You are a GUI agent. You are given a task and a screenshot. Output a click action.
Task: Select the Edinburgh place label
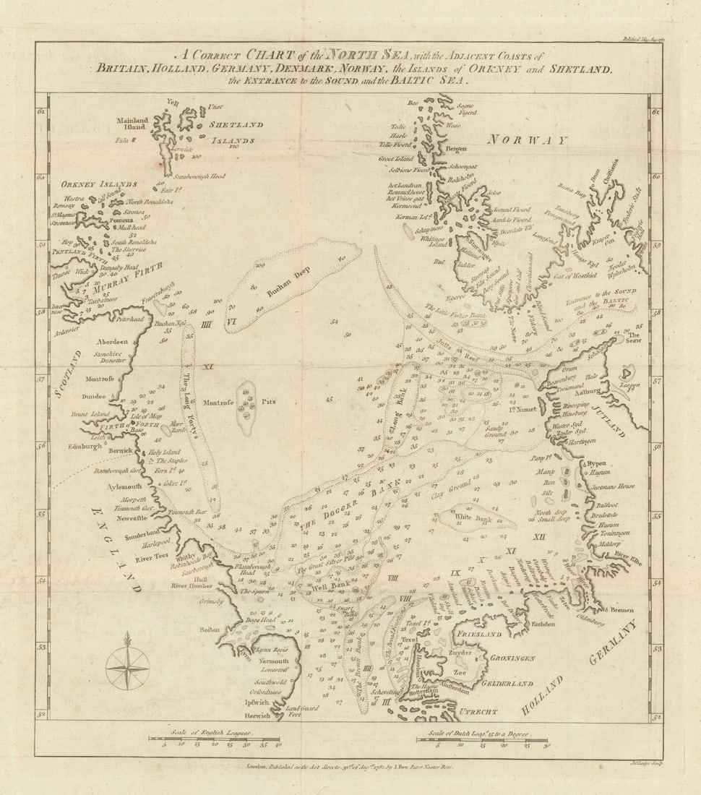click(x=86, y=447)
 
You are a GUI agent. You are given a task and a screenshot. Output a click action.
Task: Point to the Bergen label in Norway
click(x=456, y=149)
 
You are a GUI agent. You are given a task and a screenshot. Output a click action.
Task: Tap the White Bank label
click(x=473, y=517)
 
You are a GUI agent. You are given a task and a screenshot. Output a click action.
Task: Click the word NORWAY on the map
click(x=528, y=139)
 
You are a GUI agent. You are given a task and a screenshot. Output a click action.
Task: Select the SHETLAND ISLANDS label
click(x=235, y=132)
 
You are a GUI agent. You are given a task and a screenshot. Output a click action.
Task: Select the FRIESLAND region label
click(x=478, y=634)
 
